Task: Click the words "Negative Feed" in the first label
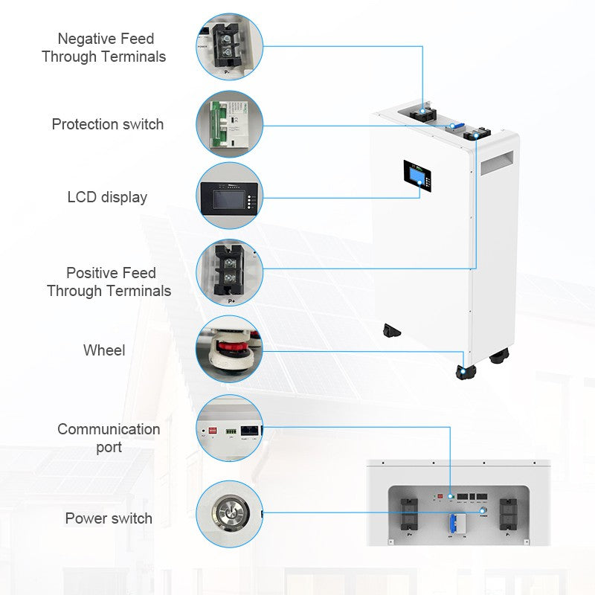click(x=106, y=39)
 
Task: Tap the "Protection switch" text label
click(x=108, y=124)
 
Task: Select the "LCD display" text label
click(x=107, y=197)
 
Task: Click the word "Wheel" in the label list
click(x=104, y=350)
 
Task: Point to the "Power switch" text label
click(x=109, y=518)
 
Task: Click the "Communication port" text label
click(x=109, y=438)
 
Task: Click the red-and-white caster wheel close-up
click(x=230, y=349)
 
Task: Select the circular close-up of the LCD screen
click(x=230, y=196)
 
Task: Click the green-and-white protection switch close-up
click(x=230, y=124)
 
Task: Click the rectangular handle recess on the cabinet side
click(x=497, y=162)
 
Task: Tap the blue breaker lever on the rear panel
click(x=452, y=524)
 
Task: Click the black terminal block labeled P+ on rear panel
click(x=410, y=515)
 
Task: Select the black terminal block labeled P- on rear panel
click(x=508, y=515)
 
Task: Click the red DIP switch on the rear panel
click(x=440, y=496)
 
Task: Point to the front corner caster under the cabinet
click(x=466, y=373)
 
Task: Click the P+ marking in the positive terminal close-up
click(x=231, y=301)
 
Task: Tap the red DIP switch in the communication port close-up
click(x=213, y=431)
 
